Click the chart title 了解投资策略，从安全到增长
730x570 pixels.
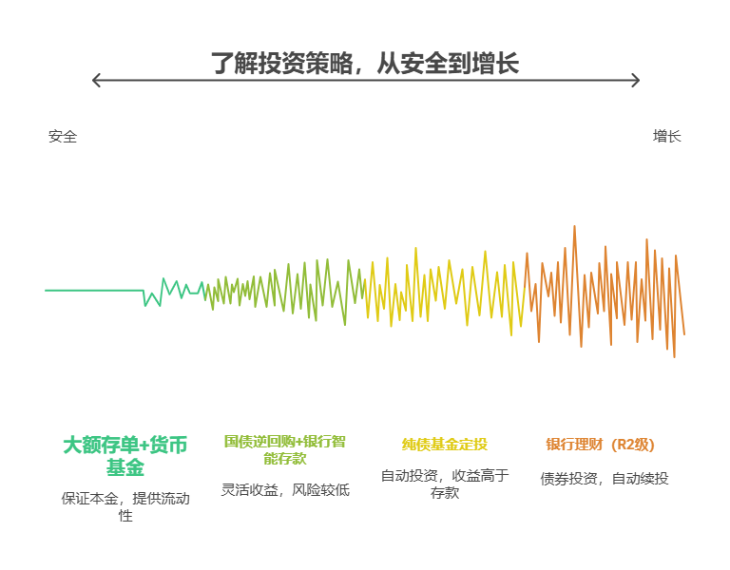point(364,64)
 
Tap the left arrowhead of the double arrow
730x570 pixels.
point(94,81)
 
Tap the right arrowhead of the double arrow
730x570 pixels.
point(637,81)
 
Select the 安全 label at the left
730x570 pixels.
point(63,136)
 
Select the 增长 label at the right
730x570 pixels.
point(666,136)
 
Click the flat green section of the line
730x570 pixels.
point(95,290)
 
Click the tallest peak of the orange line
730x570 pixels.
point(574,228)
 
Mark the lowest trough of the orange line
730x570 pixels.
point(674,355)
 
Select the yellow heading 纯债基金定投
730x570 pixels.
point(444,444)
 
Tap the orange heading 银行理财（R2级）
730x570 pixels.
point(600,444)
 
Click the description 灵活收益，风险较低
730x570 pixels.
point(284,490)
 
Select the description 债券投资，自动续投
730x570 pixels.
point(604,479)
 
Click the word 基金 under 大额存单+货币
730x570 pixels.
point(125,467)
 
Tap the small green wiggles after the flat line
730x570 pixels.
point(171,290)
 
